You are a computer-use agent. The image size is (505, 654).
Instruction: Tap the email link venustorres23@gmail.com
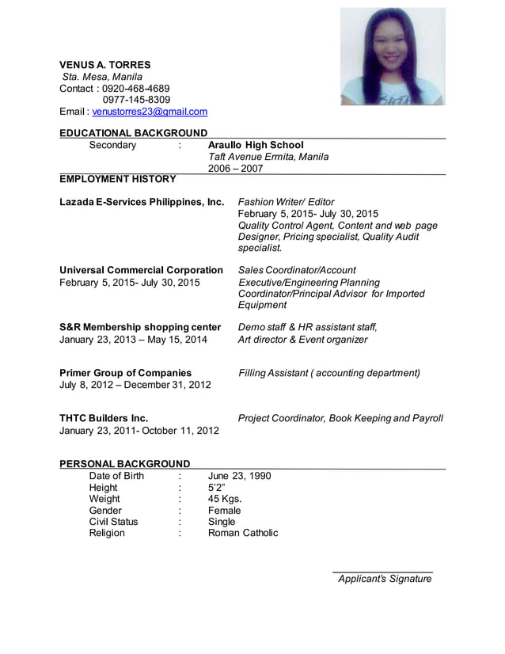click(150, 112)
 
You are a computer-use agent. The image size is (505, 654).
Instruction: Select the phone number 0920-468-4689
click(136, 88)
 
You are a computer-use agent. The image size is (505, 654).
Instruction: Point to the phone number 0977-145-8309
click(136, 100)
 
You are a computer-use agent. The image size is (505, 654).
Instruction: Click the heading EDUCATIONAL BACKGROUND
click(134, 132)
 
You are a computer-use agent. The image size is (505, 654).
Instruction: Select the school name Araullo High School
click(255, 145)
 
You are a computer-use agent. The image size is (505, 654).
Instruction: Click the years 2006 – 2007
click(235, 169)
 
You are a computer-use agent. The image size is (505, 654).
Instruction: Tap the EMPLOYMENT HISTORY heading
click(118, 179)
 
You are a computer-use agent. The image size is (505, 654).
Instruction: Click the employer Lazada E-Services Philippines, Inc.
click(142, 202)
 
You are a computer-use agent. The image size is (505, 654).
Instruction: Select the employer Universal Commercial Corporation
click(141, 270)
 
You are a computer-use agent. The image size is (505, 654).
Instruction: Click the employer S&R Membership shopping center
click(140, 327)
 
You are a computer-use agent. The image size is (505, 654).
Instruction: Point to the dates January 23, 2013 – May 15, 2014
click(133, 340)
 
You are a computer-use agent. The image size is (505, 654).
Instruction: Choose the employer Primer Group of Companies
click(126, 372)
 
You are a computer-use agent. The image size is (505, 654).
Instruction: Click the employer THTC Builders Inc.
click(104, 418)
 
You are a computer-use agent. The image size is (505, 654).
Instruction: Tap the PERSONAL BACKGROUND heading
click(125, 463)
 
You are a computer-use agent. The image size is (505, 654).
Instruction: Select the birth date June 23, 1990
click(239, 476)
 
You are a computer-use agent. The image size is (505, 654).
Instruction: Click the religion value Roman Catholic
click(243, 533)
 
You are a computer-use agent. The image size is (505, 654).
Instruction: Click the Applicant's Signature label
click(385, 579)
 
